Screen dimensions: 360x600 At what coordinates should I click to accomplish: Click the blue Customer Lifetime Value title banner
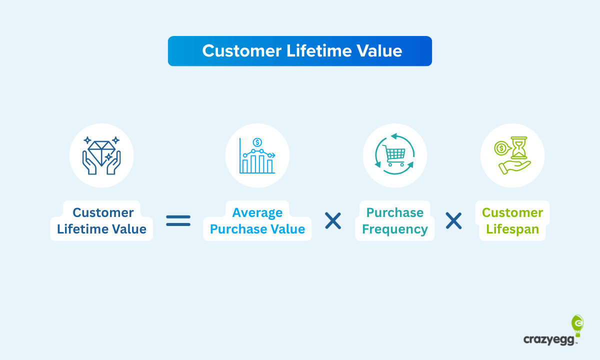(x=299, y=51)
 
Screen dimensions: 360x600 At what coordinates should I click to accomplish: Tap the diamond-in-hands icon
(x=101, y=155)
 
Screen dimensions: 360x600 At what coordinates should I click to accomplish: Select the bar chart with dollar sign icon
(x=257, y=155)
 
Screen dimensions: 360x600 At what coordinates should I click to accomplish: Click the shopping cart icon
(x=395, y=155)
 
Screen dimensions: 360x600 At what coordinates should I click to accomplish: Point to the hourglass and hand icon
(x=512, y=155)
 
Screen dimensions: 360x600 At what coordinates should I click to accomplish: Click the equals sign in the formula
(x=178, y=220)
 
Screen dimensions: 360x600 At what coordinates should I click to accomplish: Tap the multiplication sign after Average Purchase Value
(x=333, y=220)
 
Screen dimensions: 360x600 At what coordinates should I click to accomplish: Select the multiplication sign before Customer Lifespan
(x=453, y=220)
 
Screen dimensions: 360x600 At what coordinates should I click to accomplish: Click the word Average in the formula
(x=257, y=212)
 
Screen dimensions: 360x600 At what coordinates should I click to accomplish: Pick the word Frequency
(x=395, y=229)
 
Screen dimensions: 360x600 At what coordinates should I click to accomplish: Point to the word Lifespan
(x=512, y=229)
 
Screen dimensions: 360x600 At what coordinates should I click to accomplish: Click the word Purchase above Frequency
(x=395, y=212)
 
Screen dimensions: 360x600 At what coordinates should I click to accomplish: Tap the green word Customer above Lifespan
(x=512, y=212)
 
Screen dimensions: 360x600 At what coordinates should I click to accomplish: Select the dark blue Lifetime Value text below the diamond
(x=101, y=229)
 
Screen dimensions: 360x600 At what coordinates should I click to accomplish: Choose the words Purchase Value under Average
(x=257, y=229)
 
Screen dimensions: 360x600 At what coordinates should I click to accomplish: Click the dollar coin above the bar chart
(x=257, y=142)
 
